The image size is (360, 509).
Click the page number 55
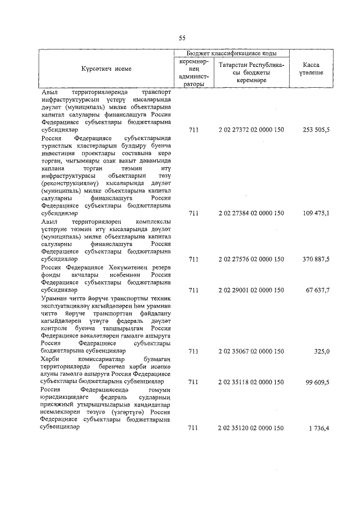pos(182,38)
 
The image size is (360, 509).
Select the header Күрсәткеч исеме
pos(107,69)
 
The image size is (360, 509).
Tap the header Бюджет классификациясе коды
pos(232,53)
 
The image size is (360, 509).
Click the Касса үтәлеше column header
pos(311,69)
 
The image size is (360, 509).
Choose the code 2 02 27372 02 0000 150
pos(251,130)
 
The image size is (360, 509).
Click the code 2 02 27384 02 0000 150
pos(251,214)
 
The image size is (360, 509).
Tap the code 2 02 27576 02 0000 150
pos(251,259)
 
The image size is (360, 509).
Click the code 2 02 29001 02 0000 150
pos(251,290)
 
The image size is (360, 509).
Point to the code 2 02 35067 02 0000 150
pos(251,351)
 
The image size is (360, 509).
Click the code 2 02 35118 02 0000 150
pos(251,382)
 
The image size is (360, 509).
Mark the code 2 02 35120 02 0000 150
pos(251,428)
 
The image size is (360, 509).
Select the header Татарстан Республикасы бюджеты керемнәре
pos(251,73)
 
